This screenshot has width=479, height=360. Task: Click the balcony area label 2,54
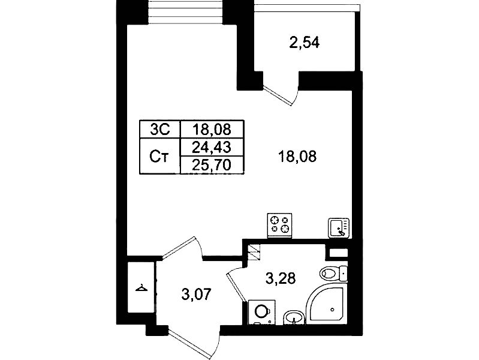[305, 43]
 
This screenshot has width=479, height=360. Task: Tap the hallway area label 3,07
[196, 295]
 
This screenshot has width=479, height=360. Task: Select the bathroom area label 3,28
[281, 278]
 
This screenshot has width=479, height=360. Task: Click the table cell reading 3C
[160, 130]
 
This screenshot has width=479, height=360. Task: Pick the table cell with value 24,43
[212, 148]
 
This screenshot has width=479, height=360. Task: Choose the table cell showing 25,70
[212, 165]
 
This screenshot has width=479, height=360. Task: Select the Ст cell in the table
[160, 156]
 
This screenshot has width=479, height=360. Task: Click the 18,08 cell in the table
[212, 130]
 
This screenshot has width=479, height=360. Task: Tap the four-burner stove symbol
[279, 226]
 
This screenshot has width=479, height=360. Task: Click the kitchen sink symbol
[339, 228]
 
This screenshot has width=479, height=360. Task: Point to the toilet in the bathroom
[333, 273]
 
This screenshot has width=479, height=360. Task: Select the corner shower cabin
[326, 303]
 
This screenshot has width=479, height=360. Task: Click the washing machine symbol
[262, 312]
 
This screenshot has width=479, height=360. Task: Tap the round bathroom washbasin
[294, 317]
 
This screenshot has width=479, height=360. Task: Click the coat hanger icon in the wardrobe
[141, 288]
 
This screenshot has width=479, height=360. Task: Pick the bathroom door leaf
[236, 287]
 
